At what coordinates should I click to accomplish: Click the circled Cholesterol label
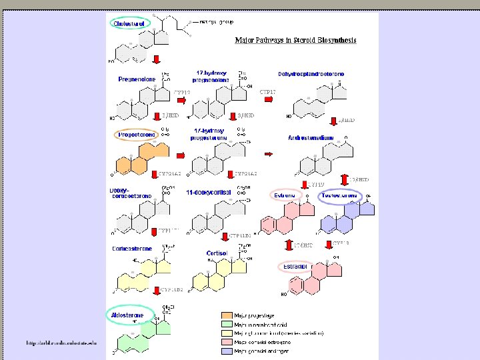131,24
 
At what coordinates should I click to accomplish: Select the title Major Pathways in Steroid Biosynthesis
295,40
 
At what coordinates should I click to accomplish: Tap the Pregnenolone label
137,79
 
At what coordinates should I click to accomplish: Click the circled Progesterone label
137,135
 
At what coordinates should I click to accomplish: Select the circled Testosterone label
340,196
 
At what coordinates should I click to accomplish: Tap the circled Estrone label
285,196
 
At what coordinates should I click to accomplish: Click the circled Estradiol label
294,266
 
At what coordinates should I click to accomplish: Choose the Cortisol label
217,253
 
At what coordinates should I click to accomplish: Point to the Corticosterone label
133,249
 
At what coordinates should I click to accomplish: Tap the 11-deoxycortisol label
209,193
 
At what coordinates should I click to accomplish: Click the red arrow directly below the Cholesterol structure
156,61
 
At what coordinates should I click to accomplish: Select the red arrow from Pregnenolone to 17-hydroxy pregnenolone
180,101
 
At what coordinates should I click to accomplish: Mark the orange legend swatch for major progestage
227,315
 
